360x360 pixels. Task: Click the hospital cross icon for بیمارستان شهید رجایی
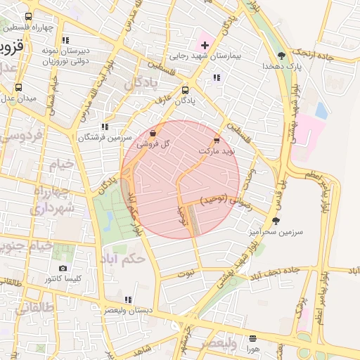pyautogui.click(x=205, y=45)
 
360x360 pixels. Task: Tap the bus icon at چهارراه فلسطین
pyautogui.click(x=28, y=17)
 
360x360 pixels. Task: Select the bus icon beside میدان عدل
pyautogui.click(x=19, y=88)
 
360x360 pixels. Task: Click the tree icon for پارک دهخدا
pyautogui.click(x=281, y=55)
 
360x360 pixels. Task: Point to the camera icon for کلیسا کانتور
pyautogui.click(x=63, y=268)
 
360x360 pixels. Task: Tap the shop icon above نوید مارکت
pyautogui.click(x=217, y=141)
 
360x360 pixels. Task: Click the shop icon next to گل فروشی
pyautogui.click(x=153, y=132)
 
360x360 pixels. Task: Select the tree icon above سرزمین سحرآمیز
pyautogui.click(x=275, y=220)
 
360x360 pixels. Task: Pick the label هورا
pyautogui.click(x=253, y=348)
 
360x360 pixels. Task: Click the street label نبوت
pyautogui.click(x=186, y=272)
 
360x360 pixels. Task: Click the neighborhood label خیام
pyautogui.click(x=60, y=165)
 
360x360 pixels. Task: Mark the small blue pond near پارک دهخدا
pyautogui.click(x=321, y=110)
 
